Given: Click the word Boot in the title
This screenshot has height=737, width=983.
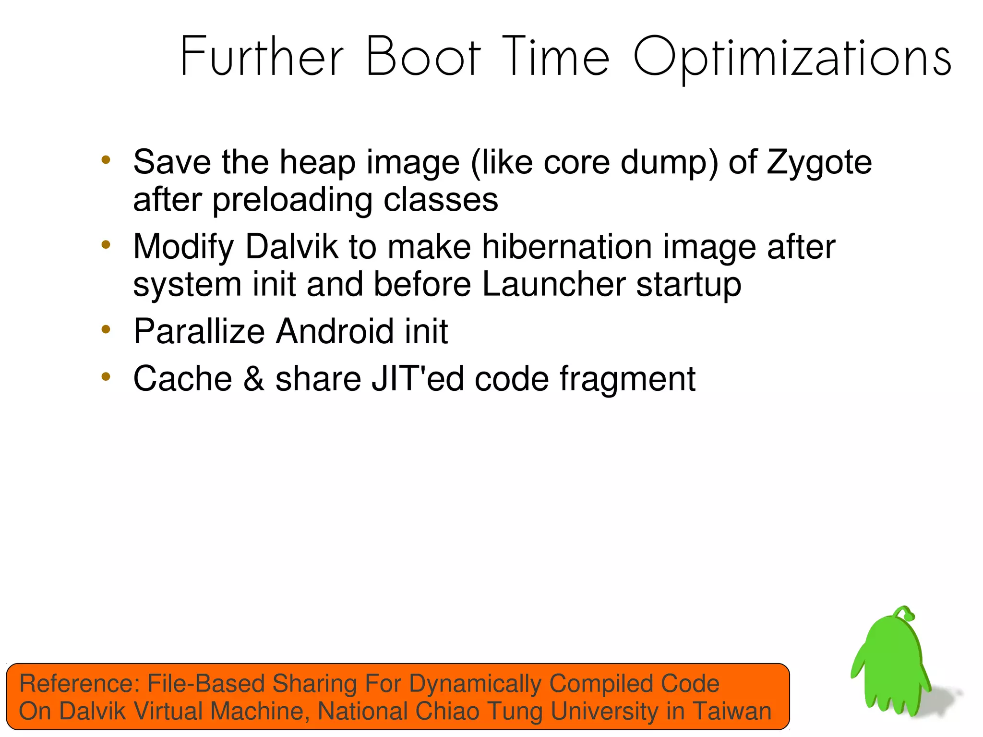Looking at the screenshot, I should pyautogui.click(x=423, y=57).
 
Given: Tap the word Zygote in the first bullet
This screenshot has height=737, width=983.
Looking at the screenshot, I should pyautogui.click(x=819, y=162).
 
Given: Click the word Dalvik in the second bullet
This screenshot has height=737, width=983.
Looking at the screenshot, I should pyautogui.click(x=291, y=247).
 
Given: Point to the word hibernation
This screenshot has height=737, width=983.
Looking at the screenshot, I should pyautogui.click(x=566, y=247).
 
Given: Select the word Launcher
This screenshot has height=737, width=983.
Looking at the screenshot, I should pyautogui.click(x=553, y=284).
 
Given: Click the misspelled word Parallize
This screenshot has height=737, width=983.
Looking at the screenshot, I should pyautogui.click(x=199, y=331).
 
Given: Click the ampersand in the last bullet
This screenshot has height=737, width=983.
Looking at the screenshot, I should pyautogui.click(x=253, y=379).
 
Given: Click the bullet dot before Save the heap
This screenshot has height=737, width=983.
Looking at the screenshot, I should pyautogui.click(x=106, y=160).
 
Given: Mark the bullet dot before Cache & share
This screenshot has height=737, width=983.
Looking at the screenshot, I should pyautogui.click(x=106, y=376).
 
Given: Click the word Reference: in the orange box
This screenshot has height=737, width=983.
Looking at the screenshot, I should pyautogui.click(x=79, y=683).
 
